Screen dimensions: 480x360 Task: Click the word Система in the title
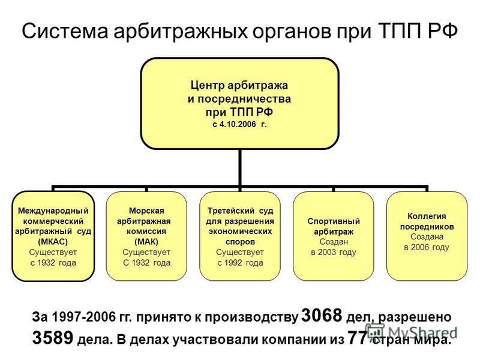tap(65, 31)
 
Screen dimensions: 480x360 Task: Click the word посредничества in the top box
tap(244, 99)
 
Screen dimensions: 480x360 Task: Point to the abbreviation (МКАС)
tap(53, 242)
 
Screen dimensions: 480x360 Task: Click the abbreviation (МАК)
tap(146, 242)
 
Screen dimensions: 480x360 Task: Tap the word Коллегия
tap(427, 217)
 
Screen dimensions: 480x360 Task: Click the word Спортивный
tap(334, 221)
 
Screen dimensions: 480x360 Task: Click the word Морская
tap(146, 211)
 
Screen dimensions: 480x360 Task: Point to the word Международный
tap(53, 211)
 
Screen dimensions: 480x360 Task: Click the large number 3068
tap(322, 316)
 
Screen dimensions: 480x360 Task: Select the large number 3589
tap(53, 338)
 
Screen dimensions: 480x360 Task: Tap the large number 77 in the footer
tap(357, 338)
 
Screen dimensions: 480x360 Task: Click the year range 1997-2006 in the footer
tap(83, 317)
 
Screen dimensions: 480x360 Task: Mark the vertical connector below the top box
tap(239, 167)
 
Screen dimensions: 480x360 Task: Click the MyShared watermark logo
tap(411, 332)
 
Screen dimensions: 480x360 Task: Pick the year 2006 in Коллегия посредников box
tap(421, 247)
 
